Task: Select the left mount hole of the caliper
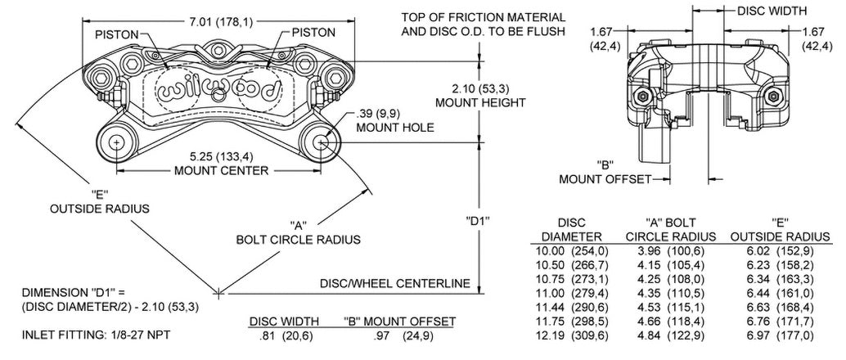pyautogui.click(x=117, y=142)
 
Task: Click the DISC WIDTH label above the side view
pyautogui.click(x=772, y=11)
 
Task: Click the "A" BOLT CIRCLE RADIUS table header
pyautogui.click(x=671, y=229)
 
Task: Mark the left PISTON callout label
pyautogui.click(x=117, y=34)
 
